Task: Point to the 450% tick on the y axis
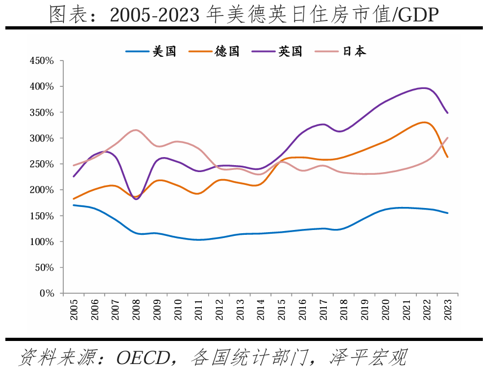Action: (42, 61)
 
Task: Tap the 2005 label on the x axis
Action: (74, 310)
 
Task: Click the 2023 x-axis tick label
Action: (448, 310)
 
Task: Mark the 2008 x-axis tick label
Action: (136, 310)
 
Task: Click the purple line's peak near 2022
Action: (425, 88)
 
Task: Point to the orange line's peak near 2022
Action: (424, 122)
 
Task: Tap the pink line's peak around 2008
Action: (136, 130)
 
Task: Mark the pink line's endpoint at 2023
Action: (447, 138)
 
